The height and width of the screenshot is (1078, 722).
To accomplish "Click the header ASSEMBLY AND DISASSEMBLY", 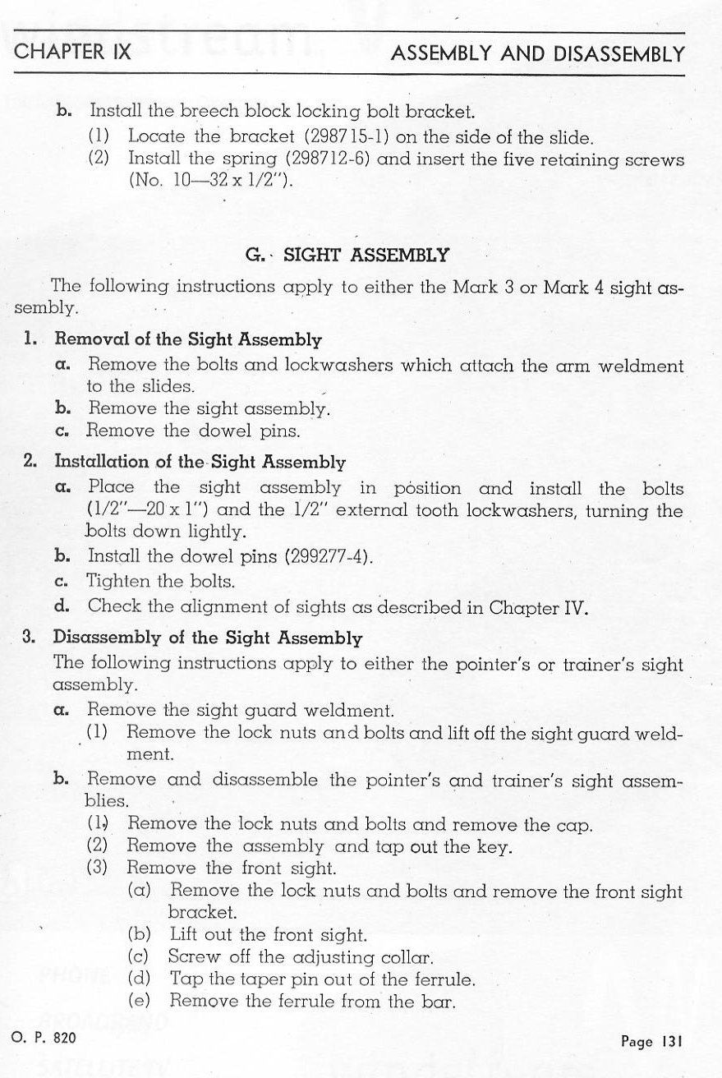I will pos(537,54).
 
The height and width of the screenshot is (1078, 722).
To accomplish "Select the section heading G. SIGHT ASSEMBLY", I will pos(347,255).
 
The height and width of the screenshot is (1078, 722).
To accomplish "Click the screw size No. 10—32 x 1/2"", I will pos(210,181).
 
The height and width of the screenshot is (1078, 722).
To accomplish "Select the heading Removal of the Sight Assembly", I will pos(188,339).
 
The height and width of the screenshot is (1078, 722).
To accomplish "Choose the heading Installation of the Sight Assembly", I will pos(200,462).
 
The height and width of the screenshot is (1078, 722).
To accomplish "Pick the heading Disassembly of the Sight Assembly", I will pos(207,637).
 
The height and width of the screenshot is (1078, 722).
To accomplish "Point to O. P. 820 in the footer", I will pos(44,1038).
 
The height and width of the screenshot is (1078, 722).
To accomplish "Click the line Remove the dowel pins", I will pos(193,430).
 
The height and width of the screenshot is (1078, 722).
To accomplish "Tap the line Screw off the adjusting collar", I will pos(301,956).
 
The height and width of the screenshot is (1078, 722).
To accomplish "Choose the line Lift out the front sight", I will pos(268,934).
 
